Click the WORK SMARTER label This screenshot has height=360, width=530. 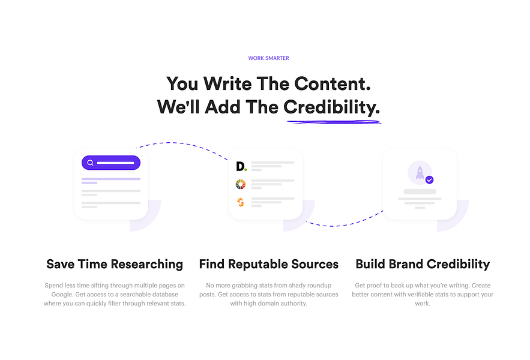(x=269, y=58)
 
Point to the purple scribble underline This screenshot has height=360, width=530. (x=334, y=122)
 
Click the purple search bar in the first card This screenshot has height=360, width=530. (x=111, y=163)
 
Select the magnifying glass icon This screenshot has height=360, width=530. (x=90, y=163)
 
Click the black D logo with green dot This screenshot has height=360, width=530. (x=241, y=166)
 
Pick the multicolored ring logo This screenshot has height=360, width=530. (x=240, y=184)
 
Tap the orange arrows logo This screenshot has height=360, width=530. (x=240, y=202)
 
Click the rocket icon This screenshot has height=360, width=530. (x=420, y=172)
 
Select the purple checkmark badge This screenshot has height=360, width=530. (x=429, y=180)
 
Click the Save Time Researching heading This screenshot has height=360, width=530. (x=115, y=264)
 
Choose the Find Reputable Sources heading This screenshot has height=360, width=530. (x=269, y=264)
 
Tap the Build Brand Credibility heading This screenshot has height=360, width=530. (x=423, y=264)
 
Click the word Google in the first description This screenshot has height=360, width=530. (x=61, y=295)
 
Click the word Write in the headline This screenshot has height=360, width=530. (x=227, y=83)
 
